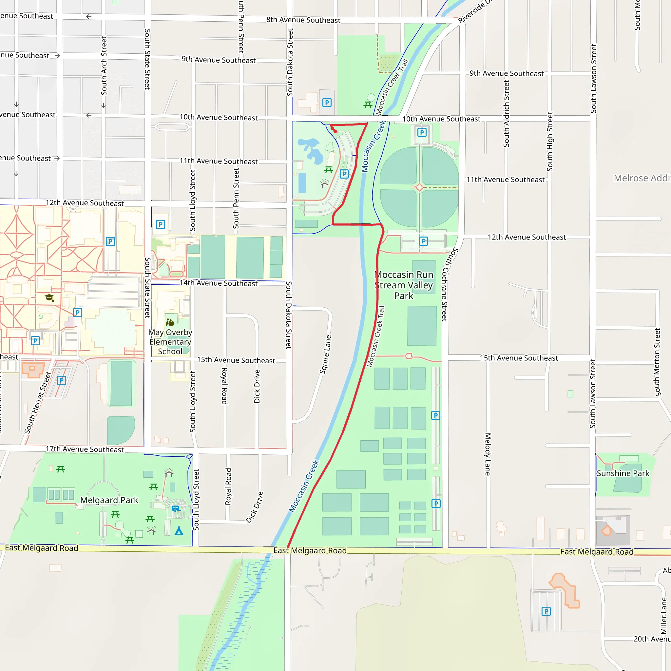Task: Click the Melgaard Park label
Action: [x=109, y=500]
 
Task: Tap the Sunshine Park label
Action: [x=623, y=473]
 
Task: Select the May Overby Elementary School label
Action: [x=170, y=342]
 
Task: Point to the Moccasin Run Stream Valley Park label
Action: [x=404, y=285]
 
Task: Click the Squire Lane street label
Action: [x=325, y=355]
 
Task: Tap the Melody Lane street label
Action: [x=488, y=454]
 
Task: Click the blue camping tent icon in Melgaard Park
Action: [x=179, y=531]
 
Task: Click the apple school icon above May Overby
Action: [x=170, y=323]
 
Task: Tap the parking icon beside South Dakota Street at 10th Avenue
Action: [x=327, y=103]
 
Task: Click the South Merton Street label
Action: [x=657, y=362]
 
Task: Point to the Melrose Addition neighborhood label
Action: [x=642, y=178]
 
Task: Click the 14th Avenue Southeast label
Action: [x=219, y=283]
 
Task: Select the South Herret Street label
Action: [x=38, y=403]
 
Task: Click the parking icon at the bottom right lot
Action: [x=546, y=611]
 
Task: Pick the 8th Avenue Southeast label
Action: [x=303, y=20]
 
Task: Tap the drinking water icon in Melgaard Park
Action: [x=175, y=509]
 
